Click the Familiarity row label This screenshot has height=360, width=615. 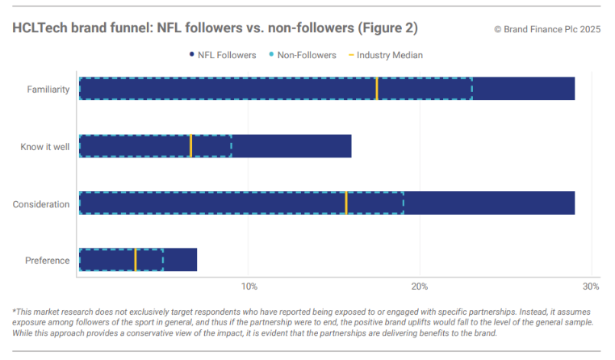tap(48, 89)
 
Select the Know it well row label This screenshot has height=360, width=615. tap(45, 147)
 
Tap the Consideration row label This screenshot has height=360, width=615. tap(41, 204)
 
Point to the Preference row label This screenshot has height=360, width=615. tap(47, 261)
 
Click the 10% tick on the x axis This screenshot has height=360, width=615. tap(249, 287)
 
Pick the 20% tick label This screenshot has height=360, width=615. tap(420, 287)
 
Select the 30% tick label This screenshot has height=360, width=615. tap(591, 287)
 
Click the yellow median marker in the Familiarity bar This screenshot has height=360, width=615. tap(377, 89)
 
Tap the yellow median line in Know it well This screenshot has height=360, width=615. tap(190, 146)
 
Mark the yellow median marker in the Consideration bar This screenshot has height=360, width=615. tap(346, 203)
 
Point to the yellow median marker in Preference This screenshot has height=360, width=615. tap(135, 260)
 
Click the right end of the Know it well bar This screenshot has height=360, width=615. tap(350, 146)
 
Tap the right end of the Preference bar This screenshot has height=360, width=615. tap(196, 260)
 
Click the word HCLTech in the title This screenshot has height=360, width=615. tap(39, 28)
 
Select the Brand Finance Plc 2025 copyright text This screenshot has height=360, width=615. tap(548, 29)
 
